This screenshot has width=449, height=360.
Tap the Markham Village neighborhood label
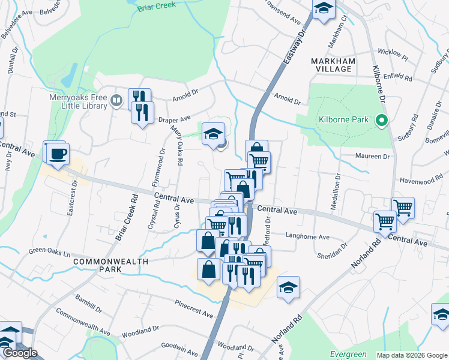(333, 65)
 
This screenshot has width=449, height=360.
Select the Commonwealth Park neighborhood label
(98, 265)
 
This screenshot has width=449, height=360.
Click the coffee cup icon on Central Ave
(58, 154)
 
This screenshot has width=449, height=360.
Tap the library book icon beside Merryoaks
(117, 100)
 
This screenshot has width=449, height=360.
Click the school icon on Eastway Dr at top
(324, 8)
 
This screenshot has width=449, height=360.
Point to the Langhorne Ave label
(308, 236)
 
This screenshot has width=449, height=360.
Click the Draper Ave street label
(174, 119)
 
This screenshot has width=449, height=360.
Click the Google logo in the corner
(20, 353)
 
